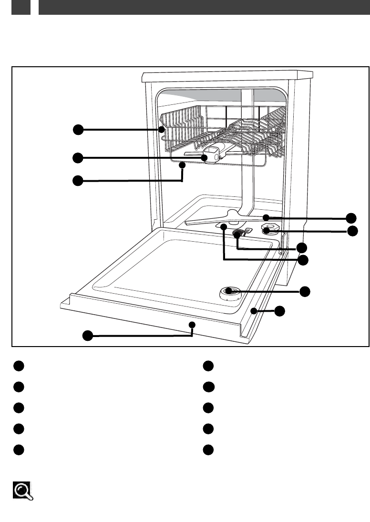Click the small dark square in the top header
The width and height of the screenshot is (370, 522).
(x=21, y=7)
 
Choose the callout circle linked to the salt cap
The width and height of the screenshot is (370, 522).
(x=352, y=231)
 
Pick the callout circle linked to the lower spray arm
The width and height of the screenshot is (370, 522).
(x=352, y=218)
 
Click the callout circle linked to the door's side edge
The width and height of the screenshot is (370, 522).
(x=280, y=311)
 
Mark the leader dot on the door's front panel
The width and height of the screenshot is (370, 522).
(x=192, y=324)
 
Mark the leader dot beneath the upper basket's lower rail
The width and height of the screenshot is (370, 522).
(x=182, y=165)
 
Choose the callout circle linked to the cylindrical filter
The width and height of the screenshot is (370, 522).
(x=301, y=248)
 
